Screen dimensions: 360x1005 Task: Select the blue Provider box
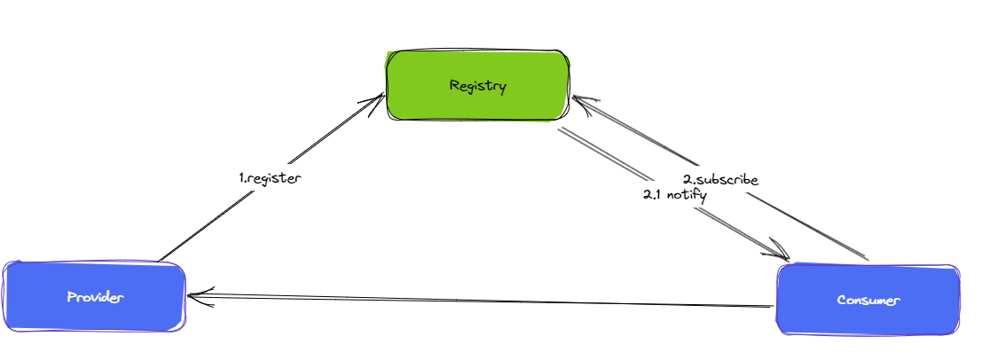point(95,296)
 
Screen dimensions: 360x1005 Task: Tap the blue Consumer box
point(868,300)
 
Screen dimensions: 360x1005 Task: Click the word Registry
point(477,86)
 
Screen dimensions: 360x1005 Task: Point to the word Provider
point(95,296)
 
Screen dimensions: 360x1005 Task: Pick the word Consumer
point(868,300)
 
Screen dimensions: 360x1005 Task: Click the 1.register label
point(271,177)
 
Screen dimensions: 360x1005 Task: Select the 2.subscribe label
point(720,180)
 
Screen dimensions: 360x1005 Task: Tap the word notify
point(686,195)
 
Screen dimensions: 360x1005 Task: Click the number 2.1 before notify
point(653,195)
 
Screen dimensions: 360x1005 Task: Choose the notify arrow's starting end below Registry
point(561,132)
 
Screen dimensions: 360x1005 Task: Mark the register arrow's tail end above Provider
point(160,261)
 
